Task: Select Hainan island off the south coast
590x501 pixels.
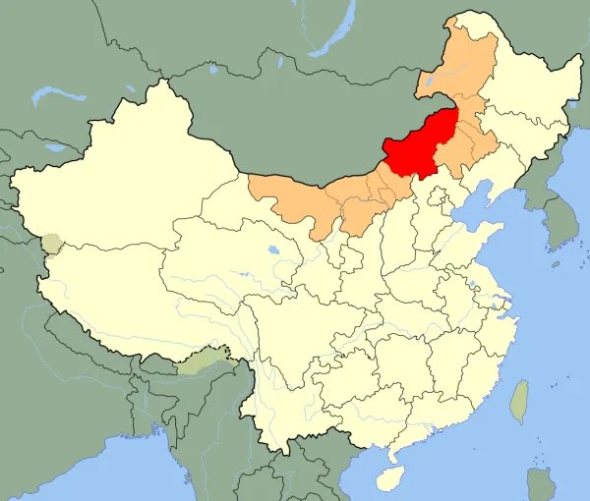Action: [x=391, y=478]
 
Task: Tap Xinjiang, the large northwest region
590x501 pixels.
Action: [x=128, y=187]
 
